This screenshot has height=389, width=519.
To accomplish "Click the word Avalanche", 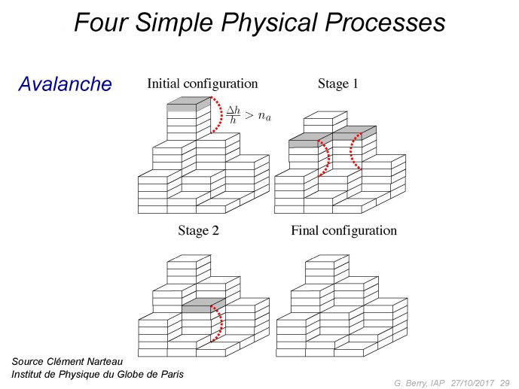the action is click(65, 84).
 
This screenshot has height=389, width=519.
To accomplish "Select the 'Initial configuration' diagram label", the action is click(202, 84).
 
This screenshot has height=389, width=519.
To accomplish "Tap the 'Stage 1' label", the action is click(338, 84).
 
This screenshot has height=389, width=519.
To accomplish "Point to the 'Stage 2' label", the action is click(198, 230).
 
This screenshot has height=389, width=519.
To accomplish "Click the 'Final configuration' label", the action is click(344, 230).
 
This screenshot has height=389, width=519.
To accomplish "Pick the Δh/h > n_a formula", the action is click(249, 115).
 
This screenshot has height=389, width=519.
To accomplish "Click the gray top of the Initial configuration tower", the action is click(189, 104).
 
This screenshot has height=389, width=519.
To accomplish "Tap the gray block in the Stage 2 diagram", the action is click(204, 305).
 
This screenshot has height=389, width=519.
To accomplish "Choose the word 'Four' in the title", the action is click(101, 22).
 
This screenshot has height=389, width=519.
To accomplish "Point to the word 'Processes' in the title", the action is click(385, 22).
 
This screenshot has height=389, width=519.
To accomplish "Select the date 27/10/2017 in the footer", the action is click(472, 383).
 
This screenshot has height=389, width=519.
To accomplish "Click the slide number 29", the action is click(505, 383).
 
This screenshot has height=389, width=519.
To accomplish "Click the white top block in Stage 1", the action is click(325, 122).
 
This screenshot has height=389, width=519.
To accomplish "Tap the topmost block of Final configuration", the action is click(327, 269).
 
